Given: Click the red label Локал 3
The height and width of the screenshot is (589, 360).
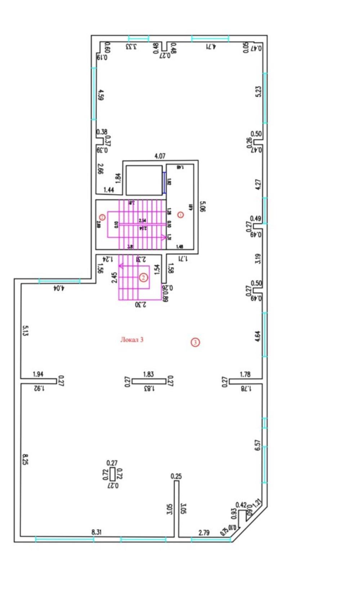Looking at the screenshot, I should coord(132,340).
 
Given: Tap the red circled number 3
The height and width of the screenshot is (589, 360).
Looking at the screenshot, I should coord(195,342).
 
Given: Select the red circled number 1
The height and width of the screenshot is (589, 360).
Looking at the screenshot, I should coord(181,215).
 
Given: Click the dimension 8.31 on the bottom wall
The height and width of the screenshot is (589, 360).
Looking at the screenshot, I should coord(96,532).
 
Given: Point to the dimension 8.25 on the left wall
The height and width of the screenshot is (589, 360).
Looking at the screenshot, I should coord(25,459).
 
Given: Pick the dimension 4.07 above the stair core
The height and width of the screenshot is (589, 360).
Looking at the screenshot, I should coord(160,156).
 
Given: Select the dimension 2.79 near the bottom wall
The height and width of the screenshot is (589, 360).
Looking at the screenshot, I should coord(204,532).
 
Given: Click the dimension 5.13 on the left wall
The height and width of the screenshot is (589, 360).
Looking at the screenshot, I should coord(25,330).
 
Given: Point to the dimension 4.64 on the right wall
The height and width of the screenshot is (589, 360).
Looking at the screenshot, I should coord(257,336).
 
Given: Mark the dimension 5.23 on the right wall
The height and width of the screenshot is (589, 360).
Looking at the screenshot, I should coord(258,91).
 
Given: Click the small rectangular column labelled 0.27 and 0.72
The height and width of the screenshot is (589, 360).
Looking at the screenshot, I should coord(113,474).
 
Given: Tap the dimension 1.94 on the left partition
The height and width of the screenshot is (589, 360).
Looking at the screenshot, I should coord(38,374).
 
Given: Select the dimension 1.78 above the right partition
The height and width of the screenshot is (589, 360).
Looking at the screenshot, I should coord(245,375).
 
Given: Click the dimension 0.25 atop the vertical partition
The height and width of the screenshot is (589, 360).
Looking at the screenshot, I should coord(176,476).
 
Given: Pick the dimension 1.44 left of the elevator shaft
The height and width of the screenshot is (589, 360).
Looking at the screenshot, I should coord(109,190).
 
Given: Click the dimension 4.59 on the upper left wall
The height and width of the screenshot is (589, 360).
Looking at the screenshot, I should coord(101,95).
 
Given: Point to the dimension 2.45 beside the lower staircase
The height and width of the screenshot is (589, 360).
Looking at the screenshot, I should coord(114,277).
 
